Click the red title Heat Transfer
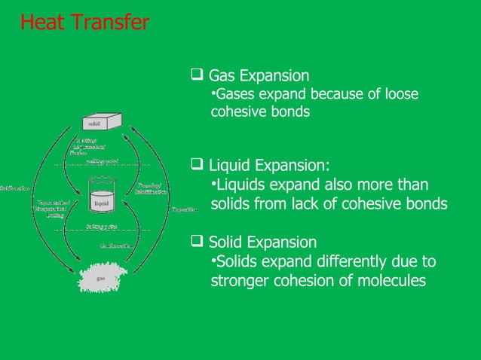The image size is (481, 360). (84, 23)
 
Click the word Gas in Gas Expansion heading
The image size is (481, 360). (221, 76)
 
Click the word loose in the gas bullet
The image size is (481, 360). (400, 94)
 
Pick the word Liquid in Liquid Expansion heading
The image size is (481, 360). (230, 166)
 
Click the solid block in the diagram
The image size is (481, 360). (100, 122)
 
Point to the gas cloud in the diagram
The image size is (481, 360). (100, 277)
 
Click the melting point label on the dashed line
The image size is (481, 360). (100, 160)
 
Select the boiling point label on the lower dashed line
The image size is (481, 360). (100, 226)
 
